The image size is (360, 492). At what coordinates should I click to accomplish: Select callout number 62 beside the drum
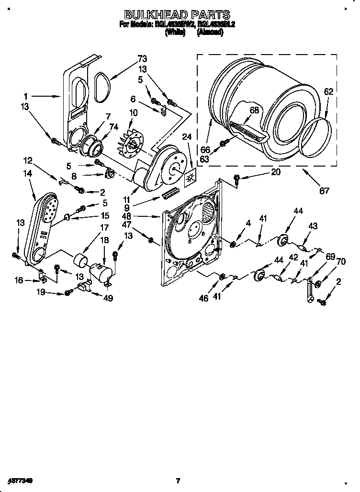[328, 91]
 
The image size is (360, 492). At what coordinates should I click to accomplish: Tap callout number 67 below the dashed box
[325, 191]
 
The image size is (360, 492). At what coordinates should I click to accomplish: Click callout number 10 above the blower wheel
[133, 113]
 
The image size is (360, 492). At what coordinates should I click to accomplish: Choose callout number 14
[27, 175]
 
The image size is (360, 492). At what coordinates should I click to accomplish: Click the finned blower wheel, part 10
[131, 139]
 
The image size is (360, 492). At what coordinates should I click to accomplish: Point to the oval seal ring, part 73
[101, 87]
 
